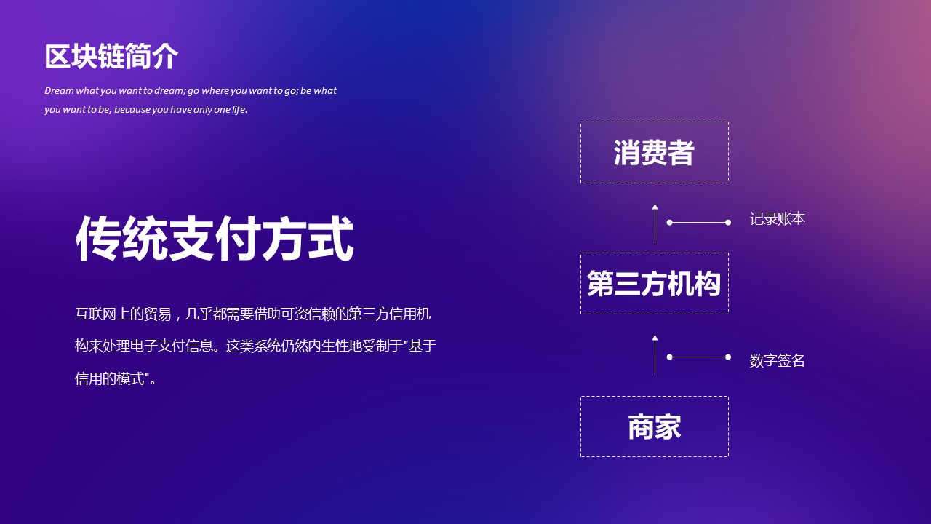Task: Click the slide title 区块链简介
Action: [x=111, y=57]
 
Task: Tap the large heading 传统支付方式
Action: [x=215, y=239]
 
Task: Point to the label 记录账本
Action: [x=778, y=219]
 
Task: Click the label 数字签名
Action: [x=778, y=360]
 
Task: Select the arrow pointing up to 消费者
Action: [x=655, y=223]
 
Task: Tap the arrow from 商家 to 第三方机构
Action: [x=655, y=354]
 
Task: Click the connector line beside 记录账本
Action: [x=699, y=223]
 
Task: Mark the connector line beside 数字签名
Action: [x=699, y=357]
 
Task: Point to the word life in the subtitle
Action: [x=239, y=109]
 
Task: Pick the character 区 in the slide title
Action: [x=57, y=57]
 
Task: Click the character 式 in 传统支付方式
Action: [x=331, y=239]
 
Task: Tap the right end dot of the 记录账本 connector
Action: [x=728, y=223]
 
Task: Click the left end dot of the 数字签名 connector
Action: [x=670, y=357]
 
